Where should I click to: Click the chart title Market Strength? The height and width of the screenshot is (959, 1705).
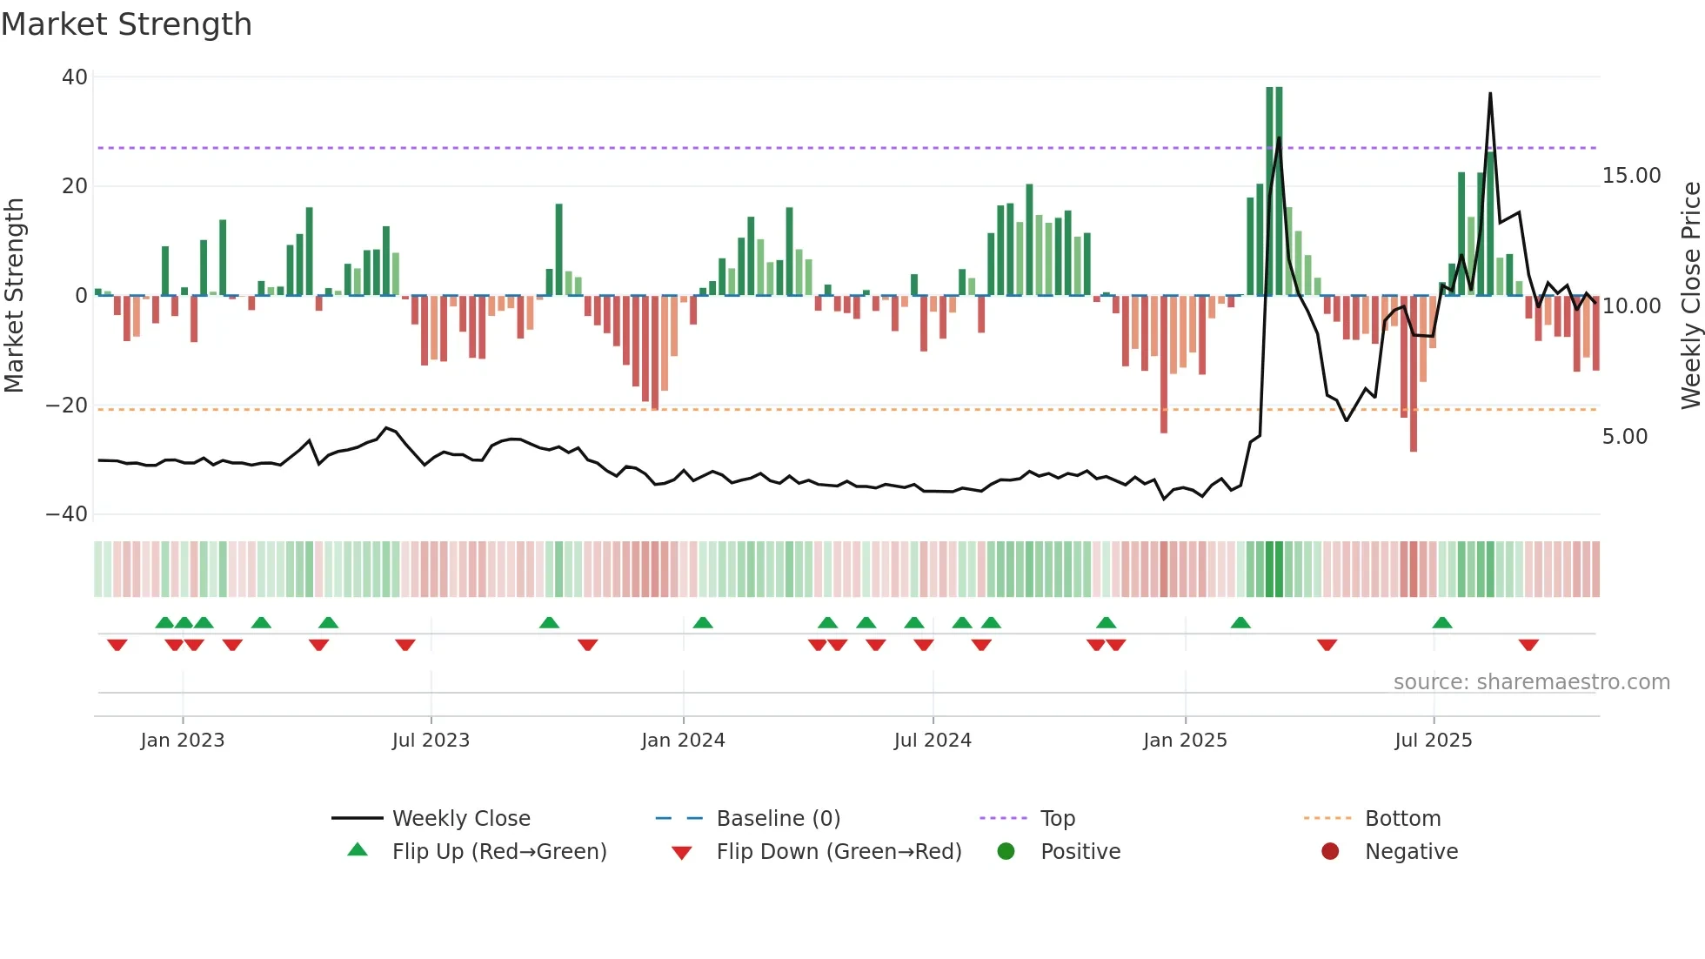[126, 24]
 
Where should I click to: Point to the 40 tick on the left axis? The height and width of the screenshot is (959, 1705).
[75, 77]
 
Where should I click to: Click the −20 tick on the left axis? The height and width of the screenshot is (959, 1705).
[67, 406]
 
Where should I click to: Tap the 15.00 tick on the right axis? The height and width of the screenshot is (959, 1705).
[1631, 176]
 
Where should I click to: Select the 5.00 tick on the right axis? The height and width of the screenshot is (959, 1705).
[1624, 437]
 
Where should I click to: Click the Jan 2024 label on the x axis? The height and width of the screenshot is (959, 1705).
[683, 741]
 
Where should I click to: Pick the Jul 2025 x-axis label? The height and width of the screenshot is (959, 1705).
[1433, 741]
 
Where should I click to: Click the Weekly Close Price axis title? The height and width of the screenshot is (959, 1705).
[1690, 295]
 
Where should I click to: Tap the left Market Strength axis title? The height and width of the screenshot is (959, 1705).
[15, 295]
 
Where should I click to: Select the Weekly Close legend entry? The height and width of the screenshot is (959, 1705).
[460, 819]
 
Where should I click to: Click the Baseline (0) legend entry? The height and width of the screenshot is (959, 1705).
[778, 819]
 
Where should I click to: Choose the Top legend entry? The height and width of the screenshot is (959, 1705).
[1057, 819]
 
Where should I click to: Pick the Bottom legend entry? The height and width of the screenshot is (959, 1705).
[1402, 819]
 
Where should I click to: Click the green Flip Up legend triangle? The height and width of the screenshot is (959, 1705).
[358, 850]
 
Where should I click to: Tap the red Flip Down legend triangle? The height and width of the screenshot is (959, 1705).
[682, 853]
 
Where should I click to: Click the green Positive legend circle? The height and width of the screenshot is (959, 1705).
[1006, 851]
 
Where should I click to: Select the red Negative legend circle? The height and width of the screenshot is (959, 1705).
[1330, 851]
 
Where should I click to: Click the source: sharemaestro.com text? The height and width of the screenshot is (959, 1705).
[1531, 682]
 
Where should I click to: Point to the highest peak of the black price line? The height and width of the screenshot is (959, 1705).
[1490, 94]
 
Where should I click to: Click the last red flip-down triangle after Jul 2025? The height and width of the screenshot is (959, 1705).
[1528, 645]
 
